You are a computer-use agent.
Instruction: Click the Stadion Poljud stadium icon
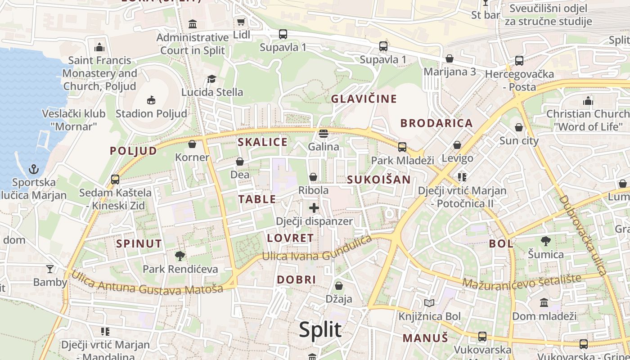coord(151,100)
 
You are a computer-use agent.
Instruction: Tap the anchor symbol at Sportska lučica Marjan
coord(34,169)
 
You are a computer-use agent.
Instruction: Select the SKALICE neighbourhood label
coord(262,142)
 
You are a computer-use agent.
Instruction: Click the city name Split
coord(320,330)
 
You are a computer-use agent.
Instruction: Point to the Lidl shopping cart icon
coord(241,22)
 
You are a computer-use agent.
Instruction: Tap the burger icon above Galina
coord(323,134)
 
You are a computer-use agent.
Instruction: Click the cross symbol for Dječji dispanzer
coord(314,208)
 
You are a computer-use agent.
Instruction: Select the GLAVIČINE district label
coord(364,99)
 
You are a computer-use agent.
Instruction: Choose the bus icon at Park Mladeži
coord(402,147)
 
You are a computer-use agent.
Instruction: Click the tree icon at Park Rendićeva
coord(180,256)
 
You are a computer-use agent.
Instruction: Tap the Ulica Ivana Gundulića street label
coord(317,250)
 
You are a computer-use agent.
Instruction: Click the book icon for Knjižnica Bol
coord(429,303)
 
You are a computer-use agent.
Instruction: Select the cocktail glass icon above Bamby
coord(49,269)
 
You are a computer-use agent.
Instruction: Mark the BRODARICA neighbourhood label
coord(436,123)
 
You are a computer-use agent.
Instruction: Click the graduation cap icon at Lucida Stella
coord(211,79)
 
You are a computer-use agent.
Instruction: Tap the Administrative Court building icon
coord(193,24)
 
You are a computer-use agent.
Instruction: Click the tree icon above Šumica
coord(545,241)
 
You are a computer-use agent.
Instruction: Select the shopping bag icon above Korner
coord(192,144)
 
